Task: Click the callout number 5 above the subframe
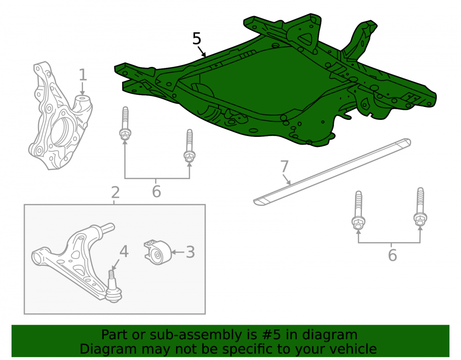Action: pyautogui.click(x=197, y=39)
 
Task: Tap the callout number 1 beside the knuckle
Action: pyautogui.click(x=83, y=75)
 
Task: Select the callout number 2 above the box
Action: pyautogui.click(x=115, y=193)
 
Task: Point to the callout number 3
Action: pyautogui.click(x=190, y=252)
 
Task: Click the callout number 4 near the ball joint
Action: pyautogui.click(x=124, y=252)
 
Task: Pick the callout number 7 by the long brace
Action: pyautogui.click(x=284, y=166)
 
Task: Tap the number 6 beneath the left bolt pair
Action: pyautogui.click(x=156, y=191)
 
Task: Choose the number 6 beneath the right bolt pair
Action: pyautogui.click(x=392, y=255)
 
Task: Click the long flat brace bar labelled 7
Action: pyautogui.click(x=332, y=171)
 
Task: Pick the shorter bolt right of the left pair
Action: pyautogui.click(x=189, y=146)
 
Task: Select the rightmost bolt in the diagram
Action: pyautogui.click(x=420, y=207)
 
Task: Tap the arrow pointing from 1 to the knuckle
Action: pyautogui.click(x=83, y=89)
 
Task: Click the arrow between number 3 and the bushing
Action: pyautogui.click(x=178, y=252)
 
